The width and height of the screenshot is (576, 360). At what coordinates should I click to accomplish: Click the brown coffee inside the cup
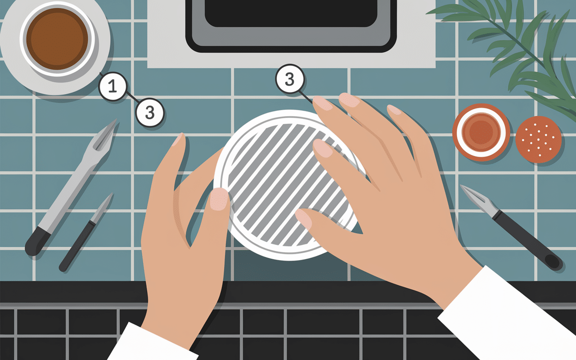coord(57,39)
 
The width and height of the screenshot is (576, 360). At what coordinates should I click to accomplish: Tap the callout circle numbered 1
coord(112,86)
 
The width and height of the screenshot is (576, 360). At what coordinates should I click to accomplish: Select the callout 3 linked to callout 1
coord(150,112)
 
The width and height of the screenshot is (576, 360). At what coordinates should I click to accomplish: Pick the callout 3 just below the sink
coord(289,79)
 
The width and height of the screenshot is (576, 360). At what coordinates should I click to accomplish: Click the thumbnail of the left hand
coord(219,199)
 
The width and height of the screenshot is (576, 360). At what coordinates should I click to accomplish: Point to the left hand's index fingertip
coord(180,139)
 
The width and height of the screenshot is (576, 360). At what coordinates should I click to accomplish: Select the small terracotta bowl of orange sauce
coord(481,132)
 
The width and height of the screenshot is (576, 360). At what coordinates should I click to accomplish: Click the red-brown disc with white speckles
coord(539,139)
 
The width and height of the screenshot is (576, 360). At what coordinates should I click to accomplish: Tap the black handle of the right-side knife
coord(527,240)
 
